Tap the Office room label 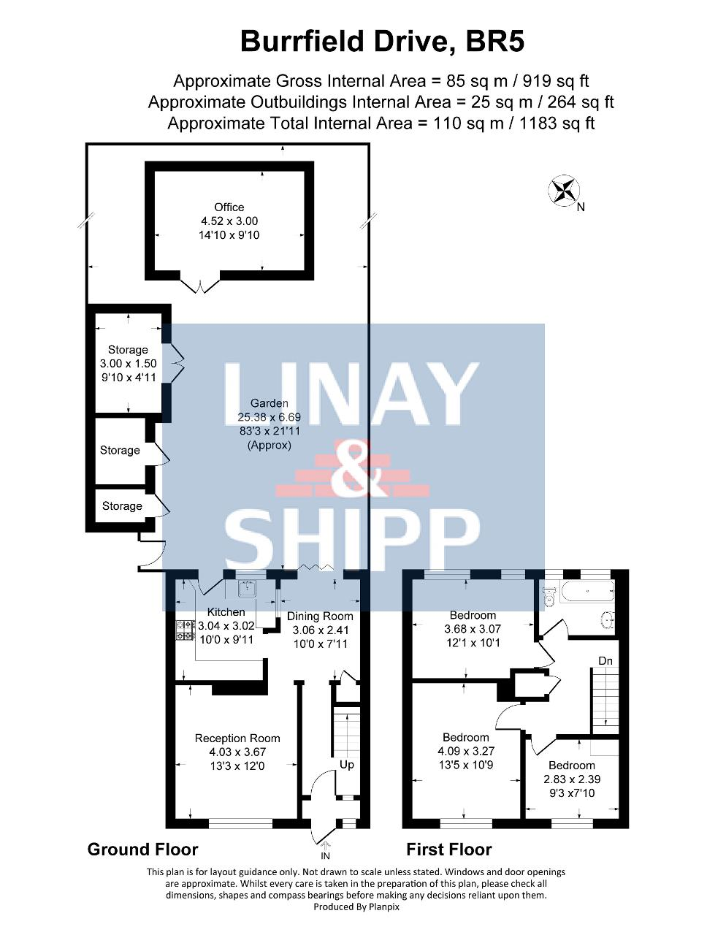229,207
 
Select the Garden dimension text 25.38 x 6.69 270,417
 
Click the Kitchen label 226,612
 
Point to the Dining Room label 320,616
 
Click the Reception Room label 237,739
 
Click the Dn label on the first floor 605,660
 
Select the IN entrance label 326,855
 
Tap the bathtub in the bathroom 588,592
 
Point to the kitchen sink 247,589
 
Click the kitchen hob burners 186,631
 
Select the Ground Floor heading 142,850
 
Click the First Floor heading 449,850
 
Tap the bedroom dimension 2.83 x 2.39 572,779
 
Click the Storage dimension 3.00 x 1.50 129,363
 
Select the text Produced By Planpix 356,907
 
